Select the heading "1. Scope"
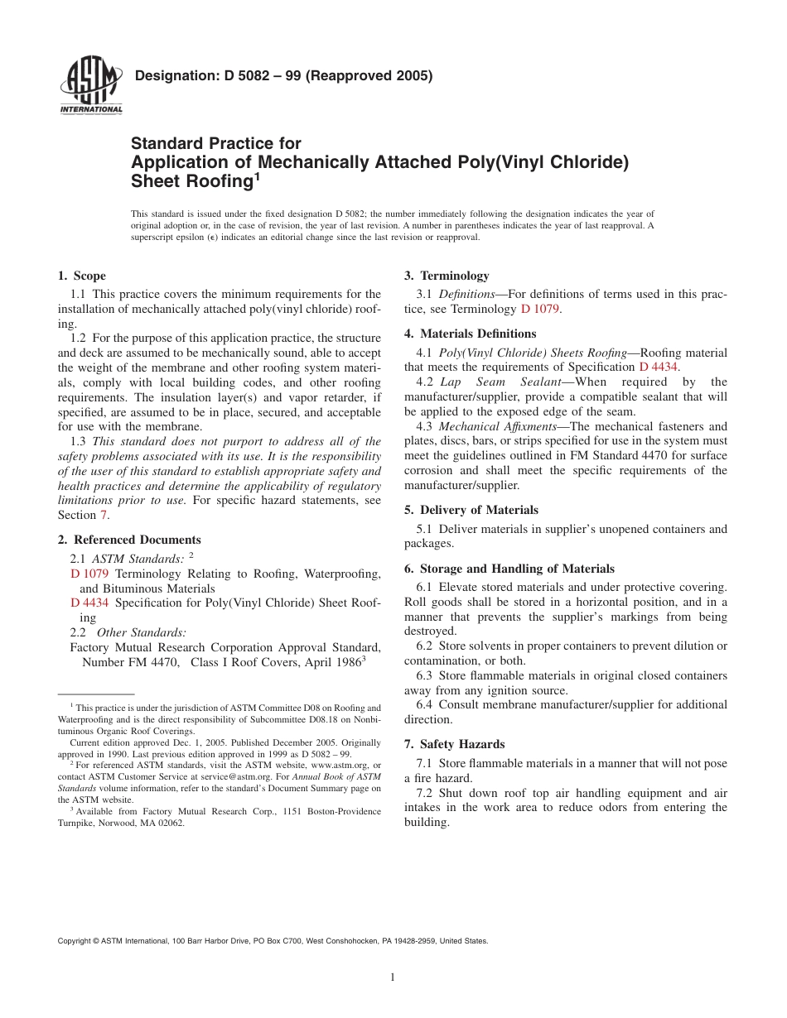pos(81,276)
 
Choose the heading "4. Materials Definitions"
pos(470,334)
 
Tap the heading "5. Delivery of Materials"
pos(471,510)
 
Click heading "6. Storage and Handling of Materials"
pos(509,569)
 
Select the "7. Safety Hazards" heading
pos(454,744)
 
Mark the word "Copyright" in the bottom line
pos(73,941)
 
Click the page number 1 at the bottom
pos(393,977)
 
